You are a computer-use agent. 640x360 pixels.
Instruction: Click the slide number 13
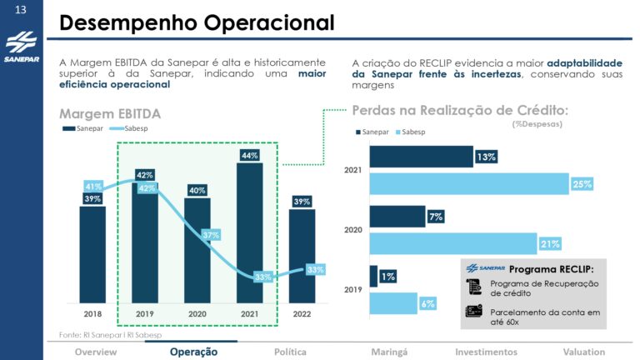(x=21, y=10)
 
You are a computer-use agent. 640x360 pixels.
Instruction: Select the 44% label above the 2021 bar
(x=249, y=156)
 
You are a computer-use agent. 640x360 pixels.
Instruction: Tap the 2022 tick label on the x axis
(x=302, y=315)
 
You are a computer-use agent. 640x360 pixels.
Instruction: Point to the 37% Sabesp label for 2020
(x=211, y=236)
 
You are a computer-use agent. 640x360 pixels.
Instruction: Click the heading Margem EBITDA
(x=110, y=113)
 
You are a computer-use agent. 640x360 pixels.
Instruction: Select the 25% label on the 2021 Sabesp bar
(x=582, y=184)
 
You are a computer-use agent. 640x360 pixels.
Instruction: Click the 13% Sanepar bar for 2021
(x=421, y=157)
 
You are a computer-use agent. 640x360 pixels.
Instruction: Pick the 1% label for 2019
(x=388, y=277)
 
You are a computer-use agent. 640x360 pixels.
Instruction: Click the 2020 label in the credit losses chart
(x=353, y=228)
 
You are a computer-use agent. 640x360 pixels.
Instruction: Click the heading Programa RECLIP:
(x=551, y=269)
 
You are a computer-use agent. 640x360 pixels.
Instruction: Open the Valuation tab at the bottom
(x=582, y=352)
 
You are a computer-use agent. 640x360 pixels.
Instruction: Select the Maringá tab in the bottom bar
(x=389, y=352)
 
